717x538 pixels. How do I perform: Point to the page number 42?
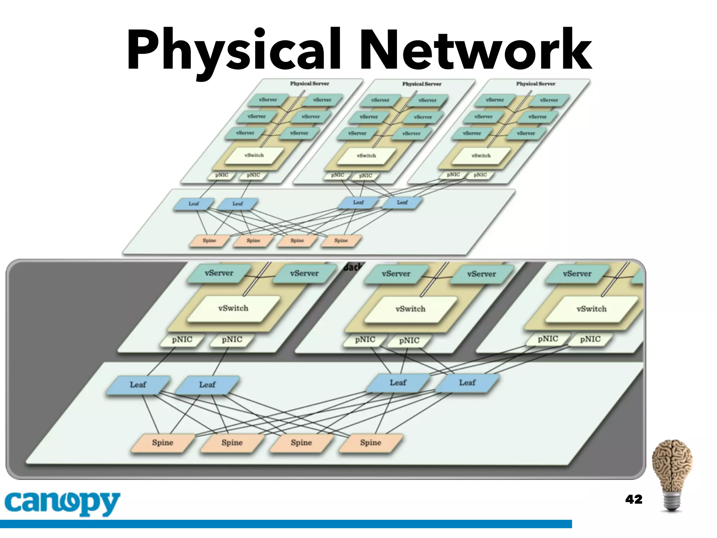pyautogui.click(x=634, y=499)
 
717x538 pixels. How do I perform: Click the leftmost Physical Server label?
pyautogui.click(x=309, y=84)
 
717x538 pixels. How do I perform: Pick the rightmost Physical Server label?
pyautogui.click(x=536, y=84)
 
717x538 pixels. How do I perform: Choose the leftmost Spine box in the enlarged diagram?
pyautogui.click(x=163, y=443)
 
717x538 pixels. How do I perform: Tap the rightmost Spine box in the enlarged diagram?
pyautogui.click(x=371, y=443)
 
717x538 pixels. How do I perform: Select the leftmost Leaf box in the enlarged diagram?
pyautogui.click(x=138, y=385)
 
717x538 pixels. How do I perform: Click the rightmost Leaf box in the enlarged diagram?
pyautogui.click(x=467, y=383)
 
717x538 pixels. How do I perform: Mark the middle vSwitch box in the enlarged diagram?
pyautogui.click(x=410, y=309)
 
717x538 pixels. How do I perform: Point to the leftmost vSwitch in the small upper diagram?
pyautogui.click(x=254, y=155)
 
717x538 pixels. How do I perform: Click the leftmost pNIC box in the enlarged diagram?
pyautogui.click(x=182, y=340)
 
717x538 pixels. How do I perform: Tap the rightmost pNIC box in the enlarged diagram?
pyautogui.click(x=590, y=339)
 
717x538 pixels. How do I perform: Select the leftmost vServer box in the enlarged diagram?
pyautogui.click(x=219, y=273)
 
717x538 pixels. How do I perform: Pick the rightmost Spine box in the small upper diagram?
pyautogui.click(x=341, y=241)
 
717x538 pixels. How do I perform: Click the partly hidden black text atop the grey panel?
pyautogui.click(x=352, y=267)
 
